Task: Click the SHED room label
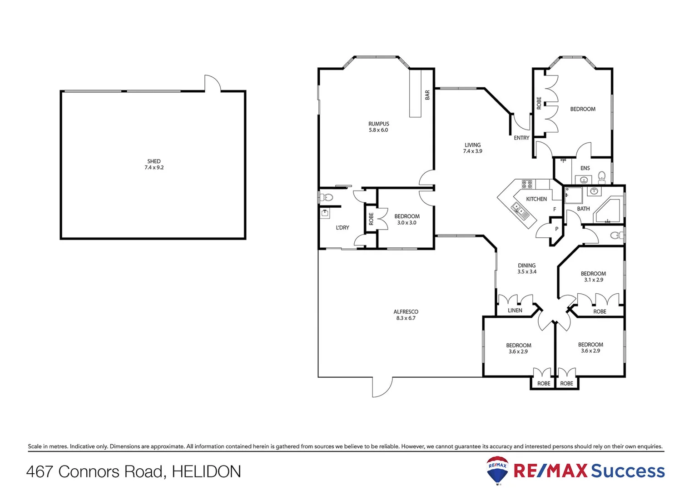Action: tap(154, 161)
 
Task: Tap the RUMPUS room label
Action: tap(378, 124)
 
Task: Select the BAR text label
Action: tap(427, 95)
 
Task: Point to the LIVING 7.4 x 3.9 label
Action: tap(472, 148)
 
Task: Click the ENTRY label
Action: tap(521, 138)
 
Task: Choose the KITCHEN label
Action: tap(536, 199)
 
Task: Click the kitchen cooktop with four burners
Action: tap(527, 184)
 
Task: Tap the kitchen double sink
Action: tap(518, 210)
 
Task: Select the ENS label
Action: tap(585, 168)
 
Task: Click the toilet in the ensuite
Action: tap(602, 176)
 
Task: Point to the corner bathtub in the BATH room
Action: tap(609, 211)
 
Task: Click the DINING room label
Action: tap(527, 266)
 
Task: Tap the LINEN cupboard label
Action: tap(515, 311)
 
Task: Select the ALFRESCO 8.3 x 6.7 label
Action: tap(406, 315)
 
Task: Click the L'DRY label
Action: tap(342, 228)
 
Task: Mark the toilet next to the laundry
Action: tap(327, 197)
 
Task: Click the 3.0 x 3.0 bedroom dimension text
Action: tap(406, 223)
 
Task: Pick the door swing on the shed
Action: tap(212, 83)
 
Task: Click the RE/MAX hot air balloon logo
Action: tap(497, 471)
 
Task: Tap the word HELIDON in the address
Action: tap(206, 472)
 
